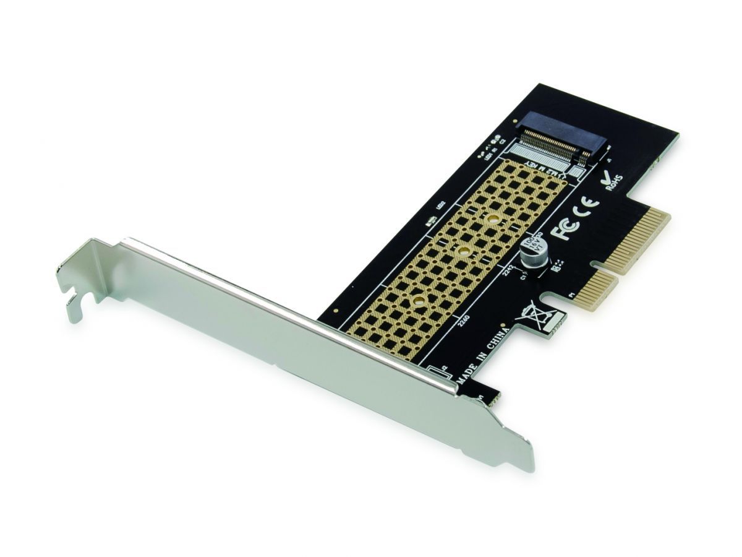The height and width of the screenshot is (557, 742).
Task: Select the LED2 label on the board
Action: [441, 207]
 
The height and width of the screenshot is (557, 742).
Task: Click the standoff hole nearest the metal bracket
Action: [419, 301]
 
